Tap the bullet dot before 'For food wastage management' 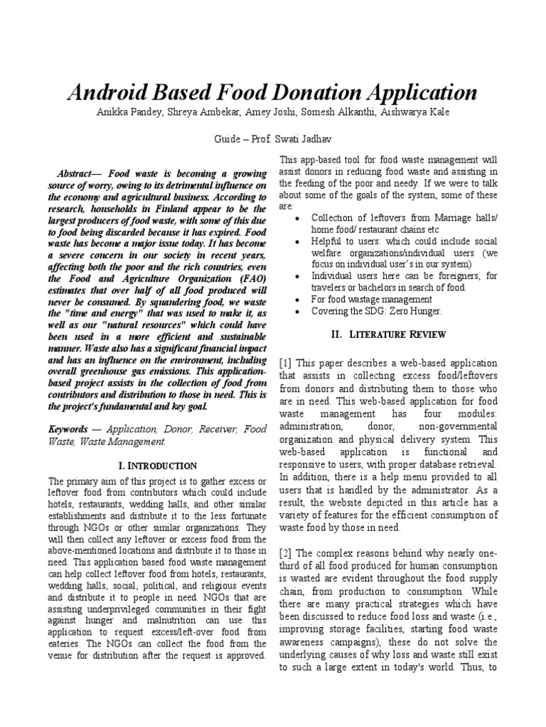(x=296, y=299)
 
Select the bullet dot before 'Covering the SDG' (x=296, y=311)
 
